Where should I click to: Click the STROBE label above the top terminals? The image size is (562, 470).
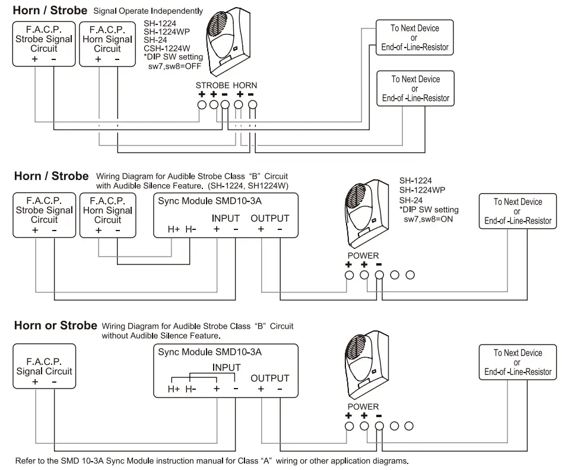(x=212, y=86)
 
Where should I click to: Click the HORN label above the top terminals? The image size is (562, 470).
(x=245, y=86)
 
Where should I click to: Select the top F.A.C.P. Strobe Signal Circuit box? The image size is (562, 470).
(x=44, y=44)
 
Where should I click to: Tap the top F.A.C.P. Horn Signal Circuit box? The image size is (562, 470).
(x=107, y=44)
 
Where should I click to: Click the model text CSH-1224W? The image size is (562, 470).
(x=167, y=49)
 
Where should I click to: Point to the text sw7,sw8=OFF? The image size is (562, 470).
(x=174, y=66)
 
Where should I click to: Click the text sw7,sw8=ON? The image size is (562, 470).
(x=428, y=219)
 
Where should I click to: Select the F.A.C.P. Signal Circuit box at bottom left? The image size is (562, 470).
(x=45, y=366)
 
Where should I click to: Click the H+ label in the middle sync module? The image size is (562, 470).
(x=174, y=229)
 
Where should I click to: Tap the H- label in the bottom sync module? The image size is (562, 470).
(x=190, y=389)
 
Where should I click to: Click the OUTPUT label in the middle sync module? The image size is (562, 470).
(x=270, y=219)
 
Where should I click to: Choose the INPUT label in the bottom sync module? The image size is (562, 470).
(x=226, y=367)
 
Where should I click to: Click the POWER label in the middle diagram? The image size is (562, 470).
(x=363, y=255)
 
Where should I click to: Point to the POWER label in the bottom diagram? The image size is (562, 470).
(x=363, y=406)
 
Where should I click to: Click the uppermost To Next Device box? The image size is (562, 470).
(x=415, y=37)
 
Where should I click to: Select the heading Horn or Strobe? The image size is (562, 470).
(x=56, y=326)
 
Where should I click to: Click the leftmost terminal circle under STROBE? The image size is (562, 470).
(x=202, y=105)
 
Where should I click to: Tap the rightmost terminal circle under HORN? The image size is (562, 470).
(x=253, y=105)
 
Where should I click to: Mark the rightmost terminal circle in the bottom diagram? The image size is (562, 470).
(x=409, y=426)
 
